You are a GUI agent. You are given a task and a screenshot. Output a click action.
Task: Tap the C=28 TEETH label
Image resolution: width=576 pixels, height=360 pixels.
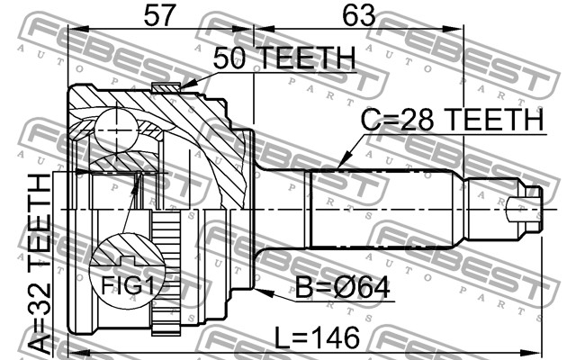click(x=452, y=119)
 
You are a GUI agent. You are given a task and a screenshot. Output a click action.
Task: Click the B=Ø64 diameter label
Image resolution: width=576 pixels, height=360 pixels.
click(x=343, y=289)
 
